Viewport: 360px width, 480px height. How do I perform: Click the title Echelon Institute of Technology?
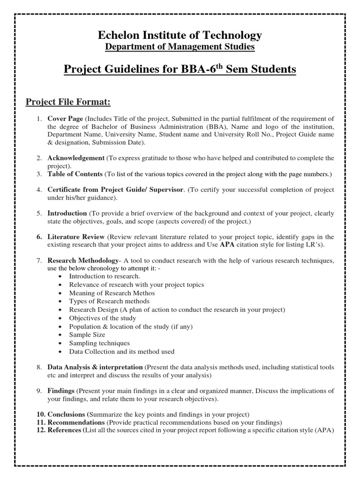[x=180, y=35]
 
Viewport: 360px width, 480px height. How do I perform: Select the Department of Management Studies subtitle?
[x=180, y=47]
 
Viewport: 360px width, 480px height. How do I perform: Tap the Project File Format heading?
[x=68, y=102]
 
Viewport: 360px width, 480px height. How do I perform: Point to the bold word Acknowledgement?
[x=76, y=158]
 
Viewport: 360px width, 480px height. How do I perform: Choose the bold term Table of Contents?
[x=75, y=174]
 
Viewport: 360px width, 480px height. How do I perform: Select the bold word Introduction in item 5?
[x=67, y=213]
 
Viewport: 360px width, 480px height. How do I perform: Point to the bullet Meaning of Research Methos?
[x=112, y=293]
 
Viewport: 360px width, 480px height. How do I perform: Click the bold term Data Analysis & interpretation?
[x=95, y=367]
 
